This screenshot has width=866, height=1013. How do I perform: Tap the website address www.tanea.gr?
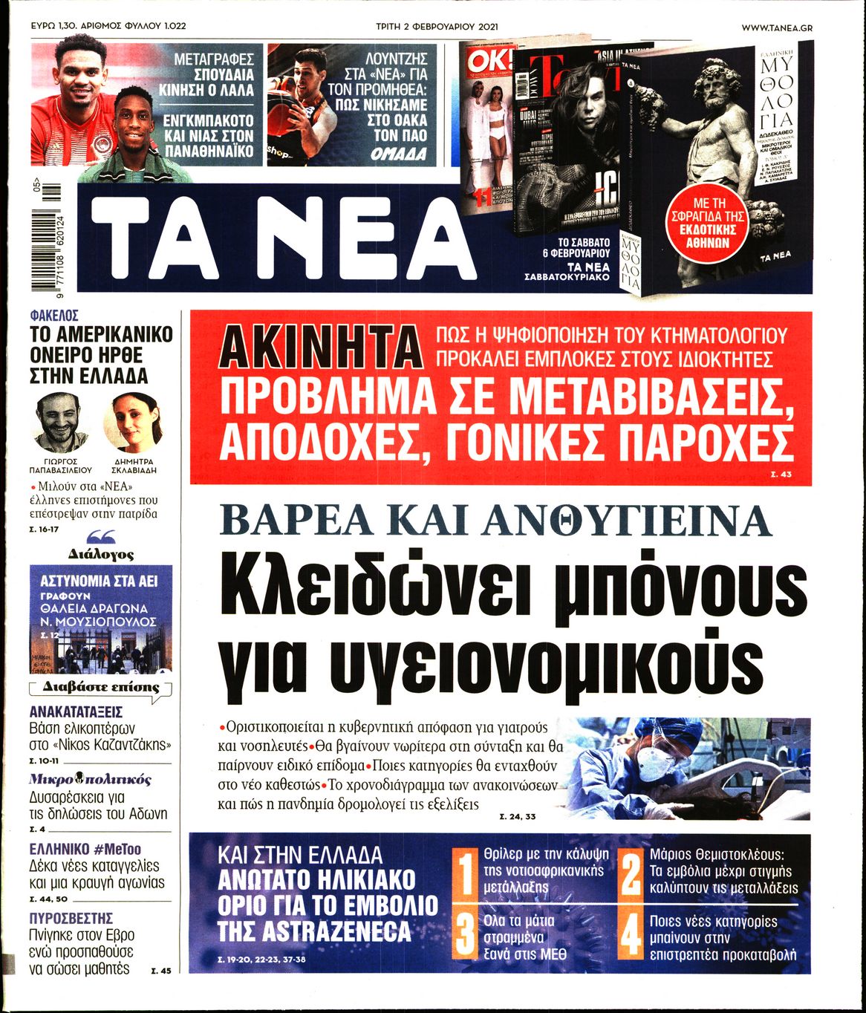776,27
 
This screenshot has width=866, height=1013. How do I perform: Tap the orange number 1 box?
465,874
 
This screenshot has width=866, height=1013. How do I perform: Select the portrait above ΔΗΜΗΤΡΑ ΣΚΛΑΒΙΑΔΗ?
134,422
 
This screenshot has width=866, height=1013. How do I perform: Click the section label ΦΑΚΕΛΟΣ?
54,316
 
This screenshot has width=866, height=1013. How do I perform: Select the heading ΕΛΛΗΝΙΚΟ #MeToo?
85,849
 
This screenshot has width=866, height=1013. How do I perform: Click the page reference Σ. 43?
781,474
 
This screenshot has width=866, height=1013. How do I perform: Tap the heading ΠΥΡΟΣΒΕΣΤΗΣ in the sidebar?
71,918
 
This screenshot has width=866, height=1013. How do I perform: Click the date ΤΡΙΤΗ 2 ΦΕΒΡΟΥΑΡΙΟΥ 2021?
437,27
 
